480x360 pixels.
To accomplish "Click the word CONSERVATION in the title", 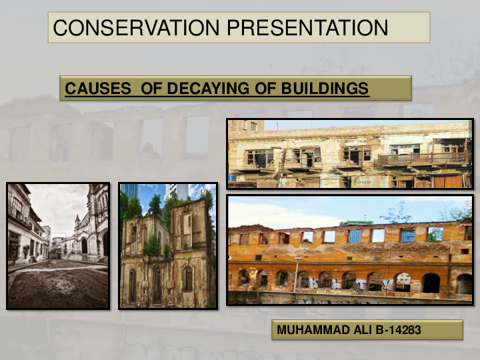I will (x=136, y=27).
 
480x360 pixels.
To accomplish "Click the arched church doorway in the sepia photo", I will (x=85, y=247).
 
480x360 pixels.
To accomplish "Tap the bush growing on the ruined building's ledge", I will (x=152, y=247).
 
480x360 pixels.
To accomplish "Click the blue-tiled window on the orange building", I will (x=354, y=236).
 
